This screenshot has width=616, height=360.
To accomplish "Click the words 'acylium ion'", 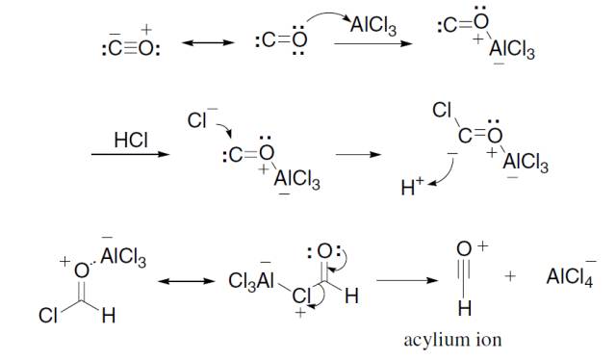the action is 452,340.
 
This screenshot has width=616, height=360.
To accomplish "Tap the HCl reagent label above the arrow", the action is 131,140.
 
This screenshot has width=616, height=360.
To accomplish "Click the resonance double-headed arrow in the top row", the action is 208,42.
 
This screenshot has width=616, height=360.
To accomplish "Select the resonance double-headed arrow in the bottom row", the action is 186,281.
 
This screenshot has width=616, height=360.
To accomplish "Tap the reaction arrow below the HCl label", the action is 130,154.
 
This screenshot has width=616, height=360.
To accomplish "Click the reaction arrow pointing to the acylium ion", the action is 407,280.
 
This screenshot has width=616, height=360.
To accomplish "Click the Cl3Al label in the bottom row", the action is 251,279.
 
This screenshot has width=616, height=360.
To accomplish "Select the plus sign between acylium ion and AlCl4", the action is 510,276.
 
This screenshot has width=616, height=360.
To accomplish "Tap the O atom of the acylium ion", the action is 464,248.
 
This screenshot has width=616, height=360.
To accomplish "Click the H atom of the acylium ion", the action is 464,308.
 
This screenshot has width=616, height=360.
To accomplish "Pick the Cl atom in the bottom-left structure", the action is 48,315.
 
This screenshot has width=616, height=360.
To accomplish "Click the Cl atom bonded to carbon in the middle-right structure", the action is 442,110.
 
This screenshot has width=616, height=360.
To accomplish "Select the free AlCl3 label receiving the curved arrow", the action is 373,26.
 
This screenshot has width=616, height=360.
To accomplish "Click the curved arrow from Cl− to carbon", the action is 225,129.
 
